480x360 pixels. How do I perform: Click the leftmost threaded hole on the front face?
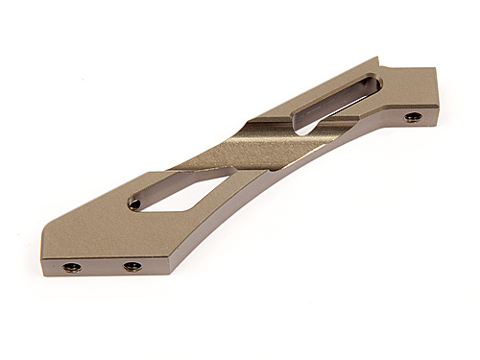[x=71, y=267]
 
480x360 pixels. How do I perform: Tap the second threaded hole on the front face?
[x=132, y=266]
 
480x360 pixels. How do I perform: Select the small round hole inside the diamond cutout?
[x=134, y=204]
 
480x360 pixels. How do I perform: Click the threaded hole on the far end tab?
[x=412, y=117]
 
